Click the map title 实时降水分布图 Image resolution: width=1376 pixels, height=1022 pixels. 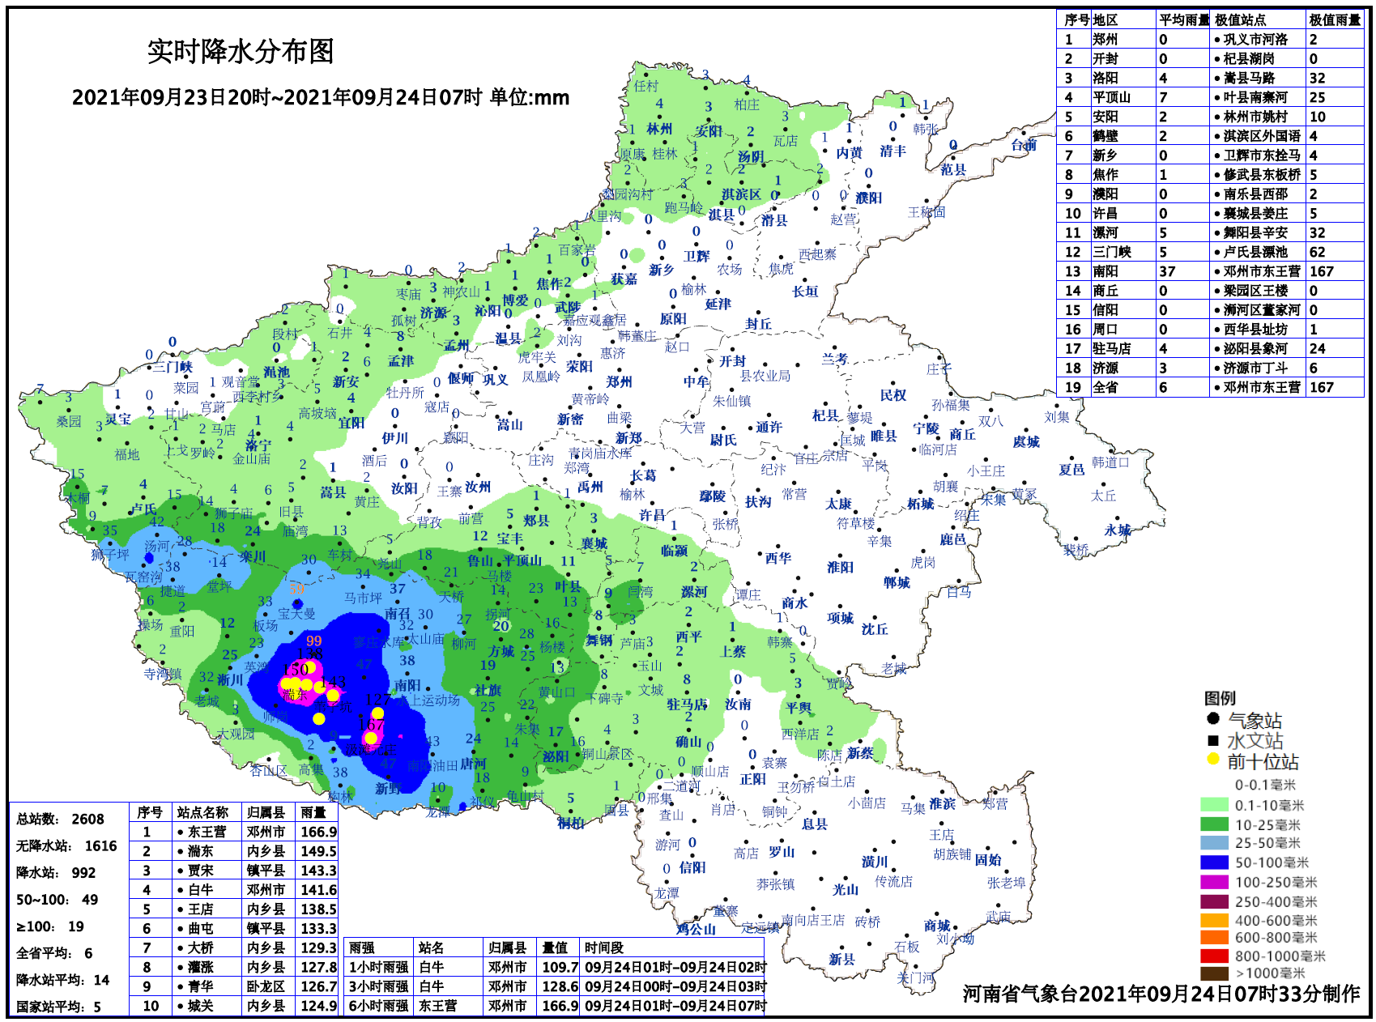pos(241,52)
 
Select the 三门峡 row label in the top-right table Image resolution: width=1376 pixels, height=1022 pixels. pos(1111,252)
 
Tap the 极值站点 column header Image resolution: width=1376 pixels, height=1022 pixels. pos(1240,19)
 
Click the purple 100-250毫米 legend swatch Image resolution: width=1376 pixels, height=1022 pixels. pos(1214,882)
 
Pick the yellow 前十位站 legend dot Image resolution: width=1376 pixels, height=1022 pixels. pos(1212,760)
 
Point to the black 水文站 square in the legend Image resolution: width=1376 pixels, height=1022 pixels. pos(1212,740)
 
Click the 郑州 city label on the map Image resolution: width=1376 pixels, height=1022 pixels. pos(619,382)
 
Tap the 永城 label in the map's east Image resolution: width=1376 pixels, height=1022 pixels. pos(1117,530)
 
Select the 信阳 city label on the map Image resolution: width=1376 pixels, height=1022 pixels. pos(692,867)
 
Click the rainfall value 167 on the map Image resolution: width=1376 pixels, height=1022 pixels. pos(370,725)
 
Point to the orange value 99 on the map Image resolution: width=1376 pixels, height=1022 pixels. pos(314,641)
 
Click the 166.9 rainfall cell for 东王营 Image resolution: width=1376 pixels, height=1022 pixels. pos(318,832)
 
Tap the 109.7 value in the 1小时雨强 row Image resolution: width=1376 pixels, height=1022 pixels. pos(560,967)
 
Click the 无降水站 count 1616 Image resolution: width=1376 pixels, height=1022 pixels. pos(100,846)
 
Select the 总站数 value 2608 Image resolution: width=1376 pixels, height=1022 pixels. pos(87,820)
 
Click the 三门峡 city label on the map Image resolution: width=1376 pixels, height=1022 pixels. pos(173,367)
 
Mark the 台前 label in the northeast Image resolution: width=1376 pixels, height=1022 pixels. pos(1023,145)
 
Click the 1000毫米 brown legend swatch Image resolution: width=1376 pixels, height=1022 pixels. pos(1214,973)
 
